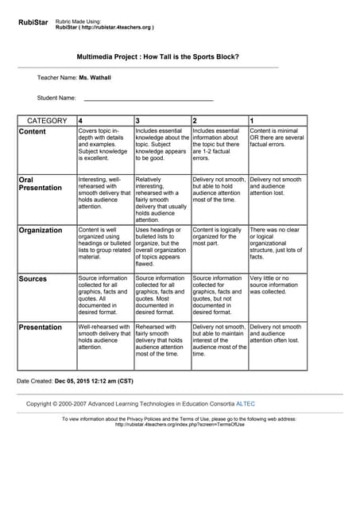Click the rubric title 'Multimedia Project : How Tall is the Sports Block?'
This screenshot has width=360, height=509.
click(x=157, y=57)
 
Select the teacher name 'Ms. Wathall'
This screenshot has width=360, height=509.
click(x=95, y=78)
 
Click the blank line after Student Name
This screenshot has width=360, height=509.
click(x=149, y=99)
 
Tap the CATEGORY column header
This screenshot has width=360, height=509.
click(x=47, y=121)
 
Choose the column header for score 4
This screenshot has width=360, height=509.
click(x=81, y=121)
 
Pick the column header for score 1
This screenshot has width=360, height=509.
click(x=253, y=121)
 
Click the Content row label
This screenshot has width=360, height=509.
click(x=33, y=132)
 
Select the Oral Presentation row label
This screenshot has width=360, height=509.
click(x=40, y=184)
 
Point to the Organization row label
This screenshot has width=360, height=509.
click(x=41, y=230)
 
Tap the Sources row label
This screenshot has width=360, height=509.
click(x=33, y=278)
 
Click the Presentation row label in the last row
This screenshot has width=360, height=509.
click(x=40, y=327)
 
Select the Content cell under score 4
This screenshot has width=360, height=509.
click(x=104, y=145)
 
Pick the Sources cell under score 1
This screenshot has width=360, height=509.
click(x=277, y=287)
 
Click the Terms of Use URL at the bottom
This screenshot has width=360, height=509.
click(x=180, y=424)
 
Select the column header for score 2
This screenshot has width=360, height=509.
click(x=195, y=121)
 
